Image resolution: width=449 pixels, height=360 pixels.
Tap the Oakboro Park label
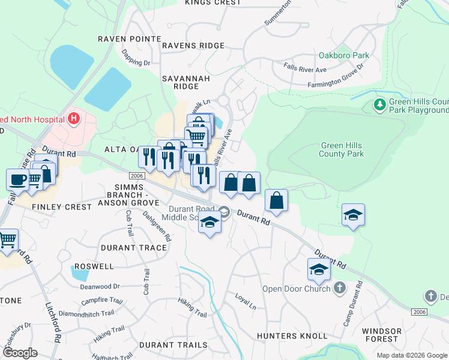click(344, 55)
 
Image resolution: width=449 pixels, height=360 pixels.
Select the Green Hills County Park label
click(342, 149)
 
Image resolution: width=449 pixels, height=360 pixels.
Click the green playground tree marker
click(379, 106)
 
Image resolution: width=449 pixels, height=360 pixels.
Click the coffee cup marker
click(17, 179)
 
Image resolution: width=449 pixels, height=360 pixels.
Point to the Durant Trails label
click(173, 345)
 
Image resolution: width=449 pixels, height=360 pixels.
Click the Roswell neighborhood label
click(94, 266)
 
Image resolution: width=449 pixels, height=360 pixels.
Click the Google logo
click(19, 353)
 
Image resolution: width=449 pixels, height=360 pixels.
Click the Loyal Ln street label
click(246, 300)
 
